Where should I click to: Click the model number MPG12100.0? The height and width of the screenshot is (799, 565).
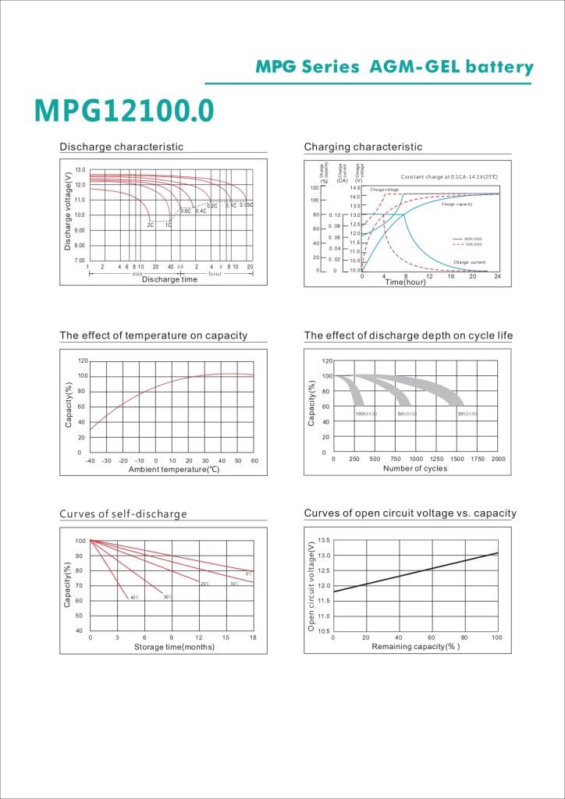(123, 111)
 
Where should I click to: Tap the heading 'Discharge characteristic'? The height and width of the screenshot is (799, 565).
(121, 147)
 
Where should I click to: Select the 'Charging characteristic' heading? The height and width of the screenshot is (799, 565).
(363, 147)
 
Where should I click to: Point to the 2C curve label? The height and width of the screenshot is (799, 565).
(151, 225)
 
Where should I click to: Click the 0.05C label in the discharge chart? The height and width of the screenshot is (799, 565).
(247, 205)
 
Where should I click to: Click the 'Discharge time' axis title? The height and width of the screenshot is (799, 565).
(169, 279)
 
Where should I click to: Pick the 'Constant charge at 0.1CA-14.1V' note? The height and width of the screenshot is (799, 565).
(449, 178)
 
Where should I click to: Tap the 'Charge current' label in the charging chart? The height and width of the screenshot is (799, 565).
(469, 262)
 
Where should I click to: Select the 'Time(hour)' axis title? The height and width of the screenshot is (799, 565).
(406, 282)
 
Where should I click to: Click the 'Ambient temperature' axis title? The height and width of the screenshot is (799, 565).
(173, 469)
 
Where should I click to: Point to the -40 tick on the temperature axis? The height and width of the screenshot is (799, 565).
(91, 460)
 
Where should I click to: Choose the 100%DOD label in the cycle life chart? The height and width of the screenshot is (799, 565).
(366, 413)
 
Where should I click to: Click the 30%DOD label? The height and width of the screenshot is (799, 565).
(467, 413)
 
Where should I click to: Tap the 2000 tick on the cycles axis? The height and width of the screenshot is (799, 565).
(498, 460)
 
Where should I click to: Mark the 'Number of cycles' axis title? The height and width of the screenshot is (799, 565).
(415, 468)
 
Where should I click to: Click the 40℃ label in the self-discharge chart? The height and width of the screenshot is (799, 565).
(134, 598)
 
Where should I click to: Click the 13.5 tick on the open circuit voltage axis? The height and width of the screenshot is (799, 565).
(325, 540)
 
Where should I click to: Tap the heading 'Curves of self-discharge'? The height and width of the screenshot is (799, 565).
(123, 514)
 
